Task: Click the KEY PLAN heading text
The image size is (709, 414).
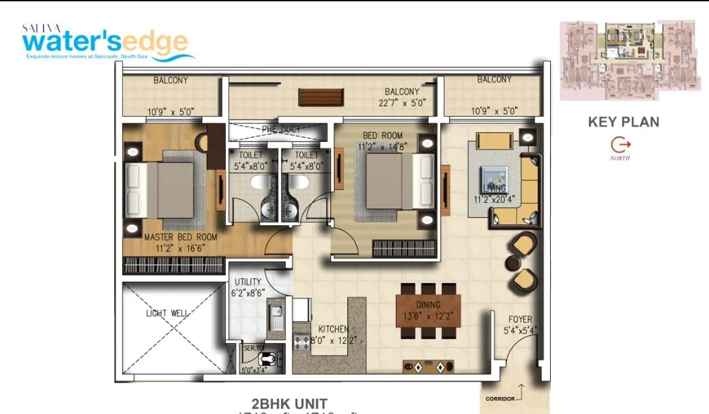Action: coord(623,121)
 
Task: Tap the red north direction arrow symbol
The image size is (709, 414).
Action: coord(620,144)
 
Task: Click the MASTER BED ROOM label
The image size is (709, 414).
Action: coord(180,237)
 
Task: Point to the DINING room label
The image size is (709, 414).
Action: coord(428,305)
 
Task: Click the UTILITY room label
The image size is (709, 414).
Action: coord(247,282)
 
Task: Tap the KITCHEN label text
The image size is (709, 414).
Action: coord(333,329)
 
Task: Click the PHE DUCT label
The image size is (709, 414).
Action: coord(281,129)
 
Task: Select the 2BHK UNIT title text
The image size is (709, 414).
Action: coord(290,403)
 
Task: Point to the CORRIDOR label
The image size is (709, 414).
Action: coord(500,398)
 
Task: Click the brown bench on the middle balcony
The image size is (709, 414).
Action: coord(321,96)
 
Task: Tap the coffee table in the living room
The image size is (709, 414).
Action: coord(494,178)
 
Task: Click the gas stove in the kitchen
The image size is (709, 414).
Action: coord(301,341)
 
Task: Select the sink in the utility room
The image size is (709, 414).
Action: coord(275,320)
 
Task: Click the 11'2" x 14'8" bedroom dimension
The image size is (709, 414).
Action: coord(384,147)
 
